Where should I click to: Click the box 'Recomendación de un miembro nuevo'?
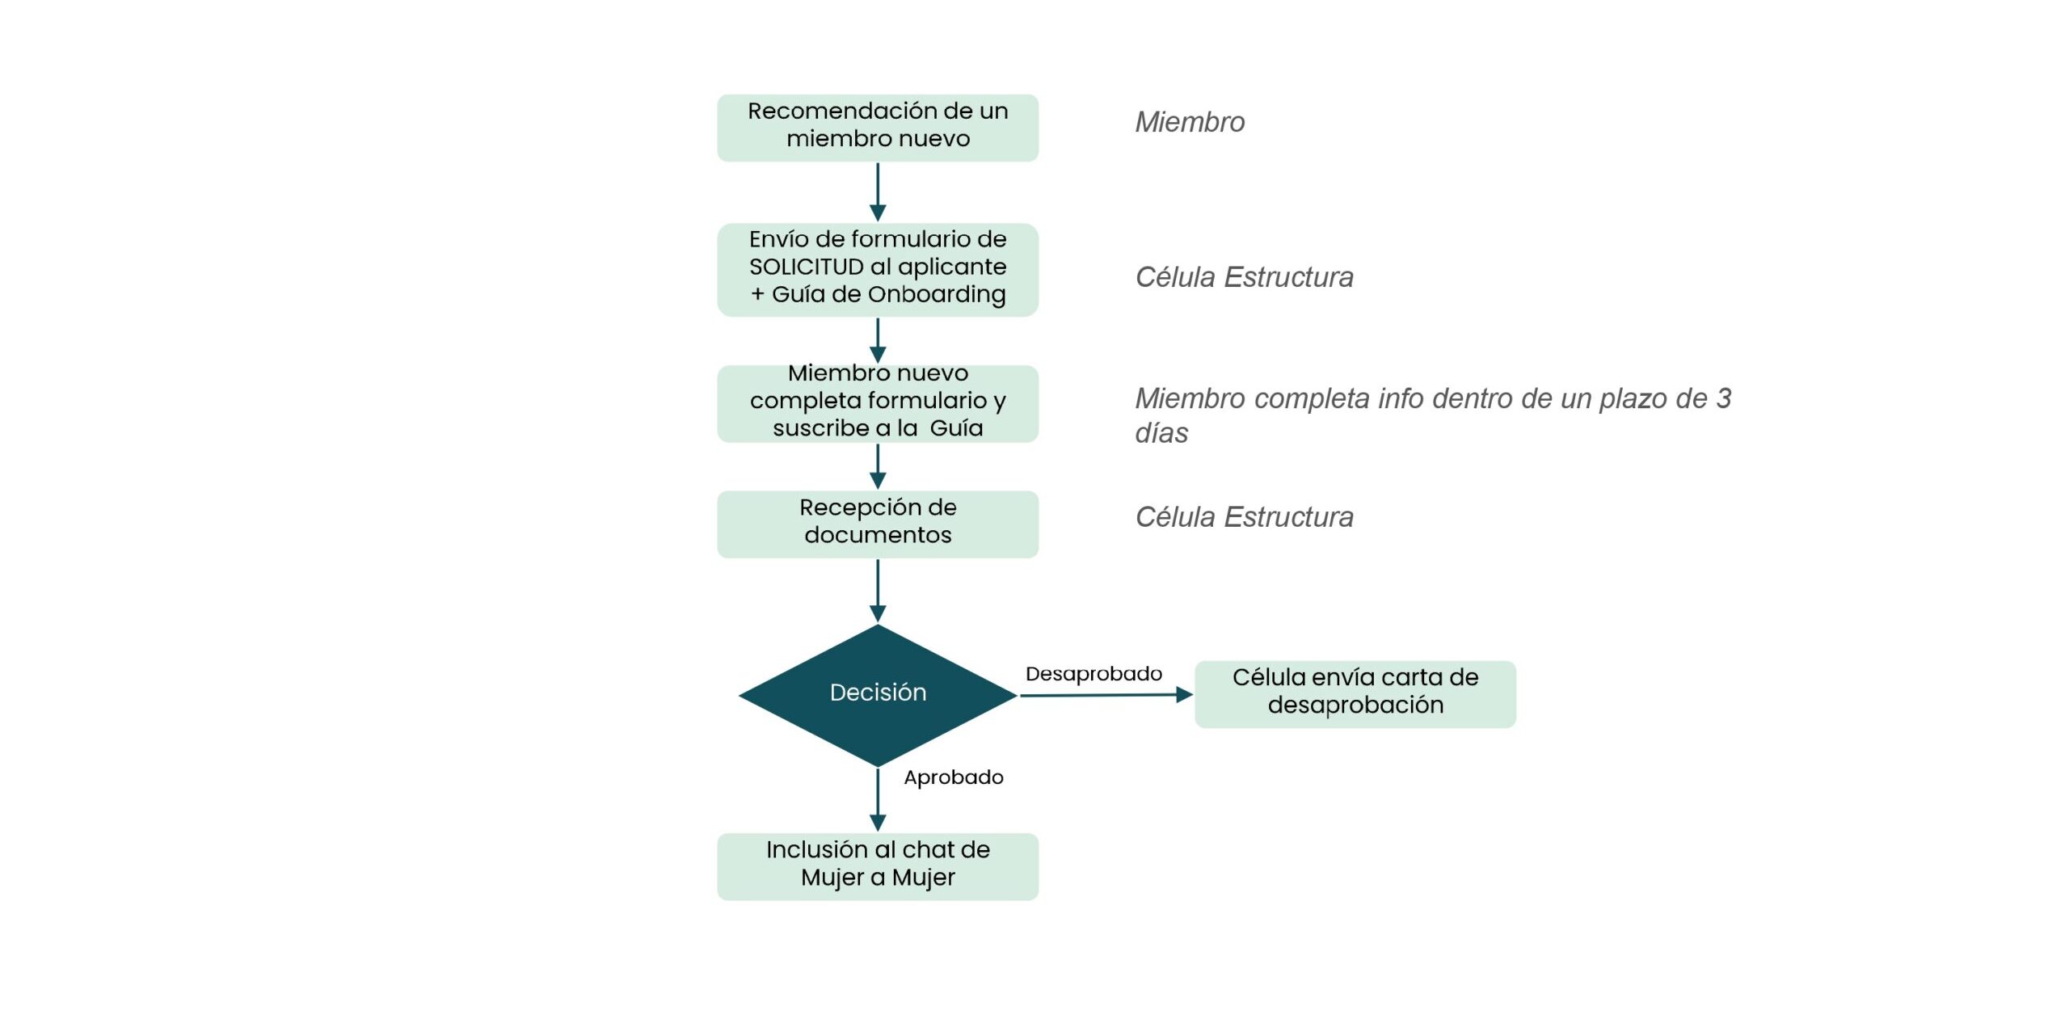[x=877, y=128]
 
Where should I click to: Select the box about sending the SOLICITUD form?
[x=877, y=269]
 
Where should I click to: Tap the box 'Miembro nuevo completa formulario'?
[x=877, y=402]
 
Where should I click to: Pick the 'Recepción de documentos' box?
[x=877, y=524]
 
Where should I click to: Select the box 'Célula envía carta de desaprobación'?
[x=1355, y=693]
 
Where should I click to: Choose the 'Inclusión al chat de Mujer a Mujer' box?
[x=877, y=865]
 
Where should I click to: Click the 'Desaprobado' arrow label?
[x=1093, y=673]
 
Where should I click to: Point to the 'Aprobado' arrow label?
[x=953, y=777]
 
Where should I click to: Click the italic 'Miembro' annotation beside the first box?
[x=1189, y=122]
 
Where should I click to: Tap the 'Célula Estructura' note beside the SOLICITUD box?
[x=1243, y=277]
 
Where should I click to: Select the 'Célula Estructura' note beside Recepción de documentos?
[x=1243, y=517]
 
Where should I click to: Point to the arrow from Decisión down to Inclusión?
[x=878, y=798]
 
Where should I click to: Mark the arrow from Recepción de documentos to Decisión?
[x=878, y=590]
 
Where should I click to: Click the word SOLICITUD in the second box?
[x=806, y=267]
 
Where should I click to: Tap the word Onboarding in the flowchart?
[x=936, y=294]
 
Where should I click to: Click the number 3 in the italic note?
[x=1723, y=398]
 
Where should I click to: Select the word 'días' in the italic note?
[x=1161, y=433]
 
